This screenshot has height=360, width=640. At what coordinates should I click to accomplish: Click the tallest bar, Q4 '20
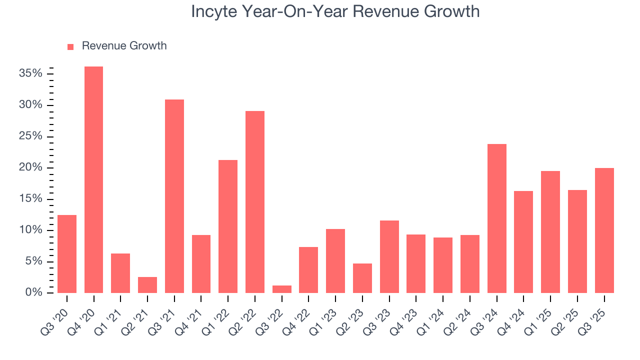coord(93,180)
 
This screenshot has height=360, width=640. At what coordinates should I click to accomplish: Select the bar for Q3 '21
coord(174,196)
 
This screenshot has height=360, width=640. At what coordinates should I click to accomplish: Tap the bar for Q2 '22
coord(255,202)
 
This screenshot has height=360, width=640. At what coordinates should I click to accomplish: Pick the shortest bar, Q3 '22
coord(282,289)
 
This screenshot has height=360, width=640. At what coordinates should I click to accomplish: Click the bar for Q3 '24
coord(497,218)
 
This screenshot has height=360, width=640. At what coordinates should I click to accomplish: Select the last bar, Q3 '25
coord(604,230)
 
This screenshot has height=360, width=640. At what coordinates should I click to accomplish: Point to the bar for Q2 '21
coord(147,285)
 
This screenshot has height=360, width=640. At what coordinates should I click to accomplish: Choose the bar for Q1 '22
coord(228,226)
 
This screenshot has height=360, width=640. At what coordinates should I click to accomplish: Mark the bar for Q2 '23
coord(362,278)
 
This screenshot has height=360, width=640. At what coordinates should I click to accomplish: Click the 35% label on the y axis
coord(30,73)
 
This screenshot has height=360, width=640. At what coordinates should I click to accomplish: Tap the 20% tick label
coord(30,167)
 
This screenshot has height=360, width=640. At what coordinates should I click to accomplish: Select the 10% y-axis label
coord(30,230)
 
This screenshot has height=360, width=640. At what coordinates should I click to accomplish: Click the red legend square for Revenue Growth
coord(70,46)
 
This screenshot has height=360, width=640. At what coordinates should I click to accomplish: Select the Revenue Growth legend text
coord(124,46)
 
